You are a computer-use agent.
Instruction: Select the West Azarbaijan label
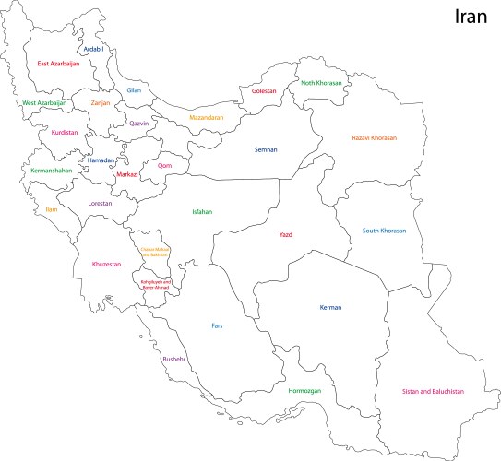pos(44,103)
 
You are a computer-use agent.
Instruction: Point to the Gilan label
pos(134,90)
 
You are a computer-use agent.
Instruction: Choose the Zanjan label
pos(101,103)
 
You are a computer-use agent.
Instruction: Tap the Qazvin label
pos(138,124)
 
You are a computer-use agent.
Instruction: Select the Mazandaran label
pos(207,117)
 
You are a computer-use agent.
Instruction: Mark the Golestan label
pos(264,90)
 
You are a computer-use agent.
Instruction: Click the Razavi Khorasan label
pos(374,137)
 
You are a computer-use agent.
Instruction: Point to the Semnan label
pos(267,148)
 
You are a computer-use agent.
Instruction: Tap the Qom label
pos(165,166)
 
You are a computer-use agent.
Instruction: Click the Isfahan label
pos(202,212)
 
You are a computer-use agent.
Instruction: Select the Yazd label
pos(286,234)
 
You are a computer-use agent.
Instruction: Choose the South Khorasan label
pos(384,230)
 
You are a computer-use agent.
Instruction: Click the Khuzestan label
pos(106,265)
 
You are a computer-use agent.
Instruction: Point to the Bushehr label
pos(173,359)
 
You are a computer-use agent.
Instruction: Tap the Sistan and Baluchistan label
pos(433,391)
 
